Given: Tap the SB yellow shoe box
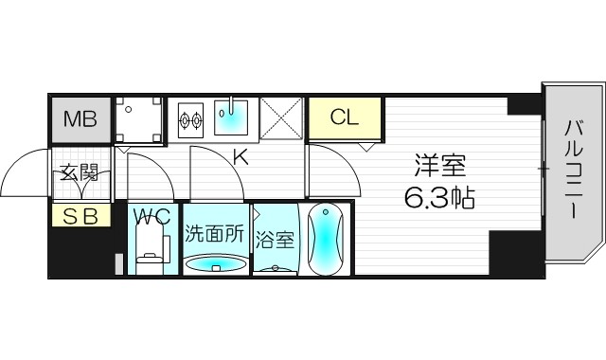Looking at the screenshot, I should pos(80,216).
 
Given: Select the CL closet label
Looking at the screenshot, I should pos(345,118).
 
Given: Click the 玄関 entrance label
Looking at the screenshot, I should pos(80,173).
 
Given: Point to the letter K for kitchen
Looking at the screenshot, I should pos(241,157).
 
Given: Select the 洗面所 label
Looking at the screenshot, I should pos(214,233).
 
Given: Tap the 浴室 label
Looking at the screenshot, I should pos(275,239).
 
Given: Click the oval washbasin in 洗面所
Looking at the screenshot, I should pos(214,263).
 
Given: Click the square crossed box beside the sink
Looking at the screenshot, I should pos(281,119).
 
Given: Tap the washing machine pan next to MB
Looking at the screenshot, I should pos(138,119).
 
